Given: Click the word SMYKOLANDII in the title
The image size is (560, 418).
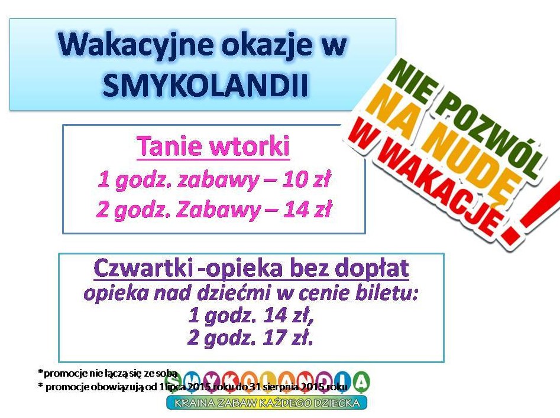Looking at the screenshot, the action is [x=206, y=85].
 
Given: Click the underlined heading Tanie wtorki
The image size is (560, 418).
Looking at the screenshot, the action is [x=213, y=146].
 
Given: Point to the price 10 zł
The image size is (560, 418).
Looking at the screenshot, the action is [x=306, y=179].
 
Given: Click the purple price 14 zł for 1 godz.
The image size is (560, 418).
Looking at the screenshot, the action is [x=289, y=315].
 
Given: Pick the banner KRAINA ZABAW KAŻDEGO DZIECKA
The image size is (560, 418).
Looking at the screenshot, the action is [x=267, y=403].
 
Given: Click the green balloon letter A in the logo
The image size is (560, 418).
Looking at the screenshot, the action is [x=361, y=383].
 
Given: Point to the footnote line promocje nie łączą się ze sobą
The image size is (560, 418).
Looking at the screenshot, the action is [x=108, y=373].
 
